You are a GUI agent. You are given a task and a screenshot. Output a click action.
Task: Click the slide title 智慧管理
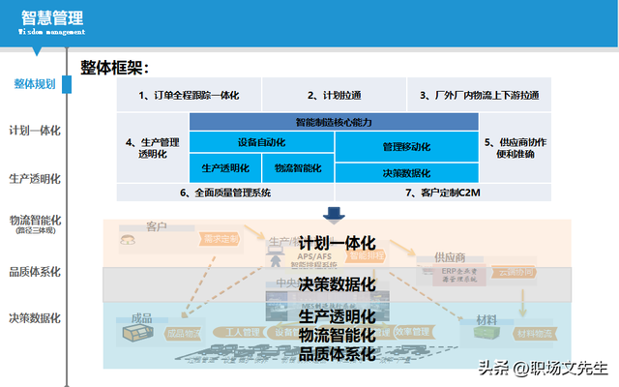[51, 17]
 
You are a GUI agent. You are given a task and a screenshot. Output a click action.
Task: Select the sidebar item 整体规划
[35, 84]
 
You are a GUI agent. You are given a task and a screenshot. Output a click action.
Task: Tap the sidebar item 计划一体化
[35, 131]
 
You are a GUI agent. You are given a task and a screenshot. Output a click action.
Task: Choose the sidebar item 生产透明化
[35, 179]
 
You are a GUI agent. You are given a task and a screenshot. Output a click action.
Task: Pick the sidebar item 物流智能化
[35, 221]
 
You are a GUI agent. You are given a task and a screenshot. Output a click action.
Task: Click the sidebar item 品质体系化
[35, 272]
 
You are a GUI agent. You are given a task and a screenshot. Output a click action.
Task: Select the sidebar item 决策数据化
[35, 317]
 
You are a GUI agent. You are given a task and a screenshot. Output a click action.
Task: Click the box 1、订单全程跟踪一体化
[189, 95]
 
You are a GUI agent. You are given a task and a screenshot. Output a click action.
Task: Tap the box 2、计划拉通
[334, 95]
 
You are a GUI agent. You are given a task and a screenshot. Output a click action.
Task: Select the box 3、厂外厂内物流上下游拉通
[479, 95]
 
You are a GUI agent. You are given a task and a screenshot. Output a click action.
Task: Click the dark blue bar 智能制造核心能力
[334, 122]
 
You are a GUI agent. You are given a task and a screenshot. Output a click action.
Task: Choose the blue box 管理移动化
[406, 146]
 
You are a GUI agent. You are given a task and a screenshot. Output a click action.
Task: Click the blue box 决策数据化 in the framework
[406, 172]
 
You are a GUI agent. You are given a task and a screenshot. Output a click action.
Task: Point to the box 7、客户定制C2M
[443, 193]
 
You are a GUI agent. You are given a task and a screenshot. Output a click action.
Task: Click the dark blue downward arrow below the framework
[334, 213]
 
